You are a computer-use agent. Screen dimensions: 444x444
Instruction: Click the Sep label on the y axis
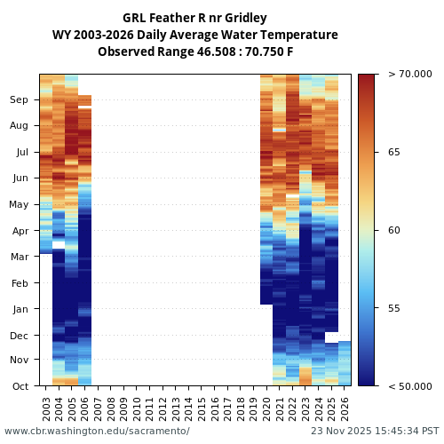[20, 100]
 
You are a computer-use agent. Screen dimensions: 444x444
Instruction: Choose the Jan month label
[20, 309]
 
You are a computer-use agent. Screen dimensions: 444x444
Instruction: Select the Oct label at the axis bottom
[20, 386]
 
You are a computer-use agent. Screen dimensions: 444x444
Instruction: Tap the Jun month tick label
[20, 178]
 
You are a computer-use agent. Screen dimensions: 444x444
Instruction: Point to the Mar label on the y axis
[20, 258]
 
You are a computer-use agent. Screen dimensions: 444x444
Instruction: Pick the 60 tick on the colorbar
[393, 230]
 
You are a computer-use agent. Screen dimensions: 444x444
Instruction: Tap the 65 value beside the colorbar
[393, 152]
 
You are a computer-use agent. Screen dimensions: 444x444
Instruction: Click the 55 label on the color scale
[393, 308]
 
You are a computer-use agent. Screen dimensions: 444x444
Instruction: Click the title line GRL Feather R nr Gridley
[194, 18]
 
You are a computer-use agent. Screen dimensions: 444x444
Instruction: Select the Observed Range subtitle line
[194, 52]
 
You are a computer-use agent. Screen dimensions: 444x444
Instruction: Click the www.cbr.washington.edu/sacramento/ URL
[97, 431]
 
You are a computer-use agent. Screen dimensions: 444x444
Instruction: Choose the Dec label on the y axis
[20, 336]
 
